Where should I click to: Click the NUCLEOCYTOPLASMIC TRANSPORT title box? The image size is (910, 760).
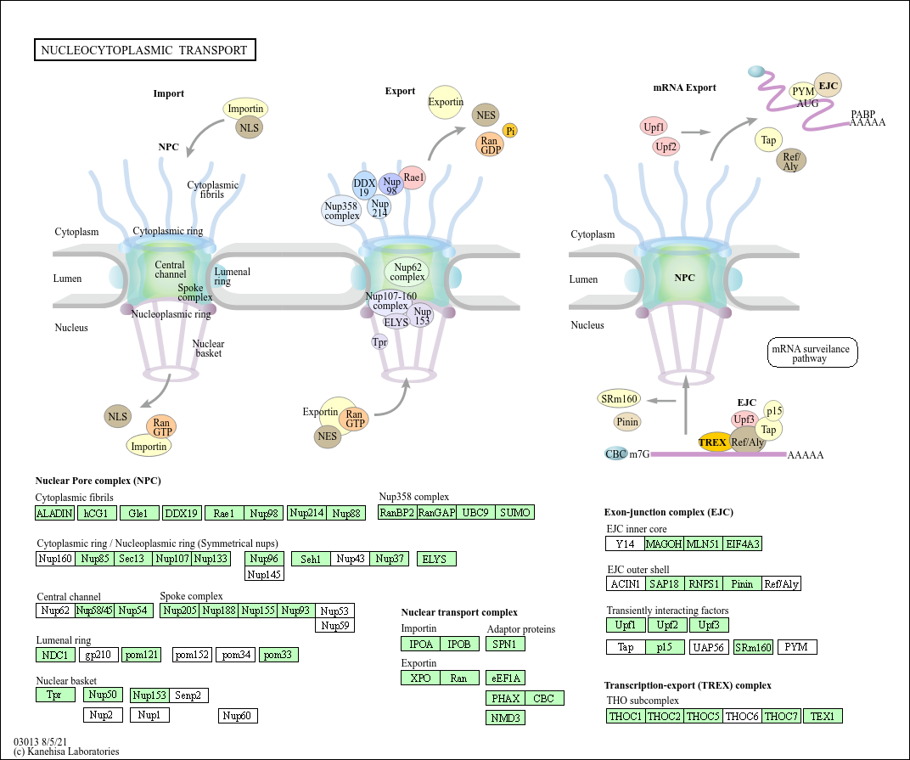[x=144, y=50]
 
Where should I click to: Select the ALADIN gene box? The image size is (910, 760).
[x=54, y=513]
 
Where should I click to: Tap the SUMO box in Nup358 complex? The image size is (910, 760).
[x=514, y=512]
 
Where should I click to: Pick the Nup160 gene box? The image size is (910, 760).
[x=55, y=559]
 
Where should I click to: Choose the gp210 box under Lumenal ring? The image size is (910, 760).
[x=98, y=655]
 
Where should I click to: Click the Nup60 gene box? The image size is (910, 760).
[x=238, y=716]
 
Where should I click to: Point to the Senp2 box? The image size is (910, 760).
[x=189, y=695]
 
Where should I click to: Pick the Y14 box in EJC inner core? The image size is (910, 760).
[x=625, y=543]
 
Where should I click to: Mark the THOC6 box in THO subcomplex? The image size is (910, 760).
[x=743, y=716]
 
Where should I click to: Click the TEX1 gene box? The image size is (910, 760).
[x=823, y=716]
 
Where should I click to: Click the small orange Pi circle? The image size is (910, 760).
[x=510, y=130]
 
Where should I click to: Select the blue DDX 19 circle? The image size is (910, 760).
[x=364, y=185]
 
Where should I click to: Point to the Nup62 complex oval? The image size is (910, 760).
[x=407, y=272]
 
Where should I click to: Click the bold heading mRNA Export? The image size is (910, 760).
[x=684, y=87]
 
